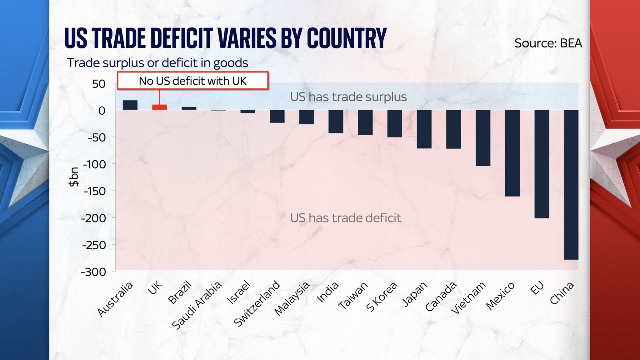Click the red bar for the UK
(x=159, y=107)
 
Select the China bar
(x=571, y=184)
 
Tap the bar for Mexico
(x=512, y=153)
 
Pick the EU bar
(x=542, y=164)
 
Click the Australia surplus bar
(x=130, y=105)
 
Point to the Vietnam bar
(x=483, y=138)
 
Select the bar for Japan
(x=424, y=129)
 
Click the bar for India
(x=336, y=122)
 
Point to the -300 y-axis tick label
(x=93, y=272)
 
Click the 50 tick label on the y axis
(x=99, y=84)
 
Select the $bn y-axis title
(x=74, y=177)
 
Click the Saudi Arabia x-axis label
(x=197, y=305)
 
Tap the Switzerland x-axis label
(x=257, y=303)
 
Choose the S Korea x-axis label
(x=382, y=297)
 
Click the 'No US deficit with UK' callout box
(x=192, y=81)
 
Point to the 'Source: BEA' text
(x=548, y=43)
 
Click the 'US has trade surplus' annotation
(x=348, y=97)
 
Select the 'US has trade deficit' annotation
(x=345, y=218)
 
